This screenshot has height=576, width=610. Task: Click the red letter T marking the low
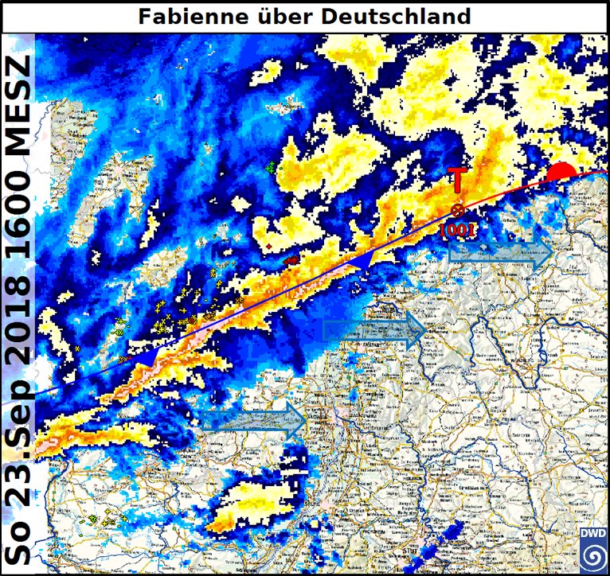457,181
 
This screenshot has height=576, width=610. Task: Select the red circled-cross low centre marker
457,210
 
